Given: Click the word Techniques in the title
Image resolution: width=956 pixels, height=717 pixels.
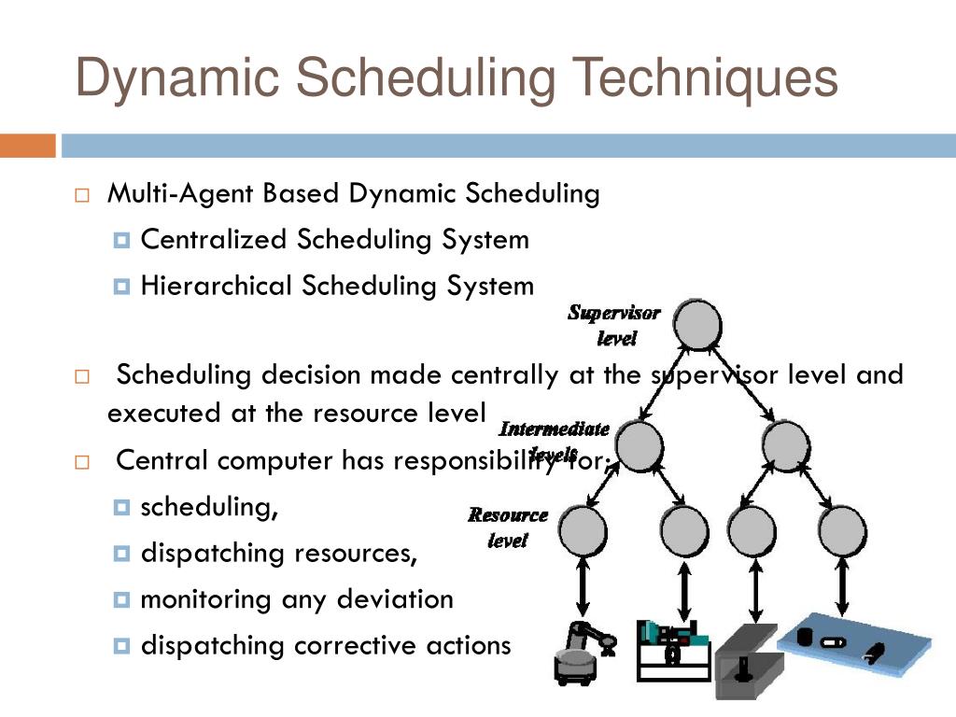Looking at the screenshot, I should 705,77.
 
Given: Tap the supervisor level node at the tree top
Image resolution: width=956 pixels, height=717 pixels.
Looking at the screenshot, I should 697,324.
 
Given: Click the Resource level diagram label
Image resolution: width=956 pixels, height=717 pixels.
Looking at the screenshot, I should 508,527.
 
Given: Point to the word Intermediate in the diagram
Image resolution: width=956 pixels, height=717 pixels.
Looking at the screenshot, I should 555,429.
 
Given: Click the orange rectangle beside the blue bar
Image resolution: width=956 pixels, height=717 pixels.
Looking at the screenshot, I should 27,146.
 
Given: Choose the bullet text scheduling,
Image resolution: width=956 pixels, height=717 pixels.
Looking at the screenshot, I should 209,508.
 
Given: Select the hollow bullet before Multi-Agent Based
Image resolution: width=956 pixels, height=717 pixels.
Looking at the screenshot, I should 82,196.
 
